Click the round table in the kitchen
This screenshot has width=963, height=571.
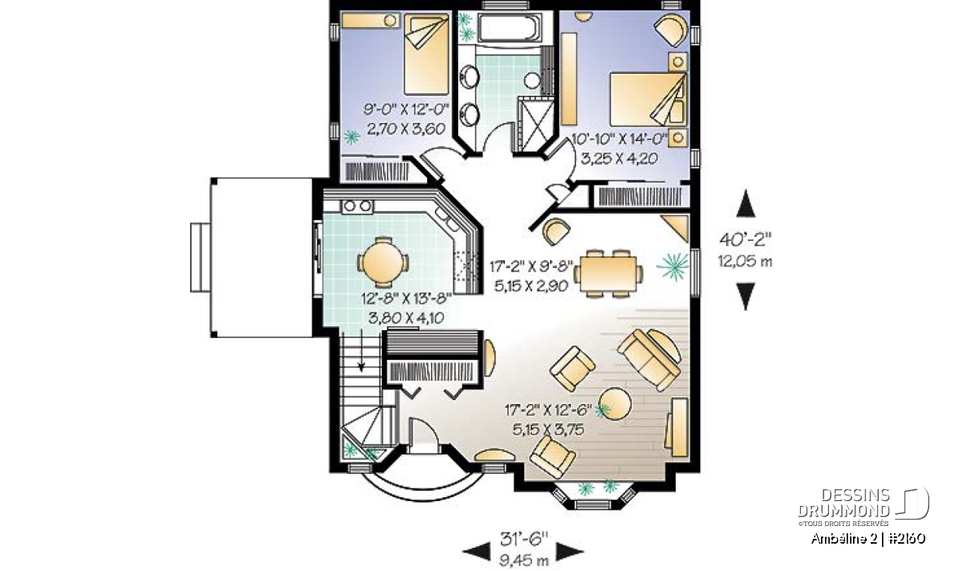[382, 262]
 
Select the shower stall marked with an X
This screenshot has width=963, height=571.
[535, 124]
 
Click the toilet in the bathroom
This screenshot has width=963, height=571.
[532, 80]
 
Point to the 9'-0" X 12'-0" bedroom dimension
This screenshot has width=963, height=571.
[406, 109]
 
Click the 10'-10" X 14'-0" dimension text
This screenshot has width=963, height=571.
[619, 139]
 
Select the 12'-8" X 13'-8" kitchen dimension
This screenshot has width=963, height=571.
[406, 298]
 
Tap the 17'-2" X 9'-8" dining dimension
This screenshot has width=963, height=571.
[532, 267]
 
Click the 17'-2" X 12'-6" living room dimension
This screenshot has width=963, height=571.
[548, 410]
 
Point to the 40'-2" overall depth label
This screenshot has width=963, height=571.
[746, 239]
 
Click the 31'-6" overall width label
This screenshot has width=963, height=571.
[524, 538]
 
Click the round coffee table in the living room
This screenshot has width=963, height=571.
[616, 404]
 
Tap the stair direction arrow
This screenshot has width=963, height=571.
[362, 350]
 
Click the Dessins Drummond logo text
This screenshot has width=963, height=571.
[844, 503]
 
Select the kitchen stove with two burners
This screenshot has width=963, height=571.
[357, 206]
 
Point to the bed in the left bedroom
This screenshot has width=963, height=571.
[426, 55]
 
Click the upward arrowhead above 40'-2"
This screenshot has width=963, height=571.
[746, 203]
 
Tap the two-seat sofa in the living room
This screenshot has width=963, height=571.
[648, 360]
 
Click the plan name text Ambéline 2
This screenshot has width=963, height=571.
[844, 539]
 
